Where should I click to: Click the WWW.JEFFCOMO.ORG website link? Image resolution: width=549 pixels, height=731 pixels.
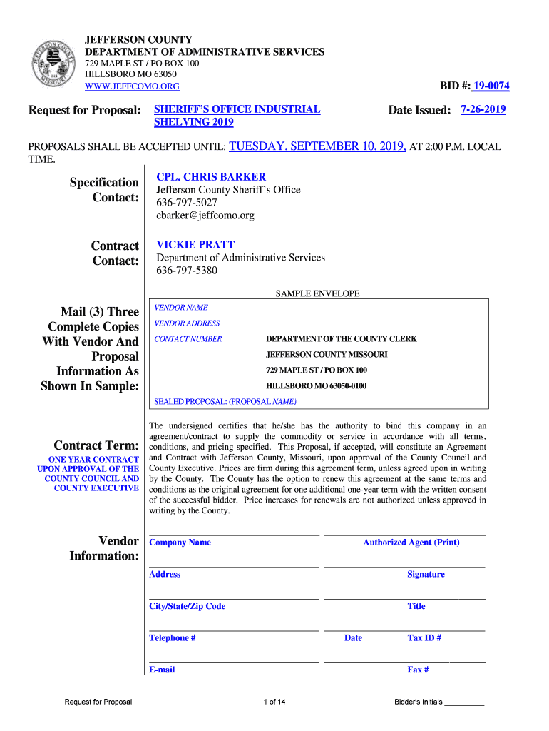pos(132,86)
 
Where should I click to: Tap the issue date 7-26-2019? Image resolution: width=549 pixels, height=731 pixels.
pos(483,110)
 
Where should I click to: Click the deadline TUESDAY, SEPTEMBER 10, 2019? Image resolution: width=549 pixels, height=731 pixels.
pos(317,146)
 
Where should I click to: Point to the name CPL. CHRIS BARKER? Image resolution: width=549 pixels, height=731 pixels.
pos(211,177)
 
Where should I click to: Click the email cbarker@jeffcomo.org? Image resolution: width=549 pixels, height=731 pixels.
pos(205,215)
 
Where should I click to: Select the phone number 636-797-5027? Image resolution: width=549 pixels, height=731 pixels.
pos(187,203)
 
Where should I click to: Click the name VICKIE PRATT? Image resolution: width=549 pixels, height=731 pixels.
pos(195,244)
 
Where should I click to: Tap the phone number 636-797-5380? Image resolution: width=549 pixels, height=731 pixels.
pos(187,271)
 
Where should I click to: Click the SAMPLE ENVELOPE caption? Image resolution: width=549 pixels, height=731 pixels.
pos(317,293)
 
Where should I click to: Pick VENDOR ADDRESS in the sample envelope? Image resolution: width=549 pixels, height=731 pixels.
pos(187,323)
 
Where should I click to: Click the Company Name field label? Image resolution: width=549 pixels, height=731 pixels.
pos(180,543)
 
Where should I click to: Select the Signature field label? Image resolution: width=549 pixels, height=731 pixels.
pos(426,575)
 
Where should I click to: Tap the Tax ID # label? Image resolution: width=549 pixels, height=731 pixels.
pos(424,638)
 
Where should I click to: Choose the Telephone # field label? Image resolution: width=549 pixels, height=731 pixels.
pos(172,638)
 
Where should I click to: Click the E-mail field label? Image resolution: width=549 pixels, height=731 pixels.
pos(162,670)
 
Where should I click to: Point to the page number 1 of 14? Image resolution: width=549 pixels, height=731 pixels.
pos(274,702)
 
